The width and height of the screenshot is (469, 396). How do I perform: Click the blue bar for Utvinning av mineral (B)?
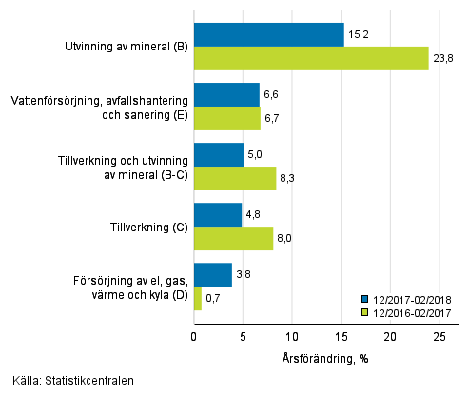(268, 35)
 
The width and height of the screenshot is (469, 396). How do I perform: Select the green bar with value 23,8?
(311, 59)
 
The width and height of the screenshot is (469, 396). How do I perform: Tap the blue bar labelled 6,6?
(226, 94)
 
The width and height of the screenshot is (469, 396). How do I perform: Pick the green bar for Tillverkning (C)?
(233, 239)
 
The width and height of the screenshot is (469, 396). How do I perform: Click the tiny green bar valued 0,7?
(198, 299)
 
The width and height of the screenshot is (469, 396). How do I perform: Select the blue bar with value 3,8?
(213, 275)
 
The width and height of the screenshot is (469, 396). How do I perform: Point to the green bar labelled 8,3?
(235, 179)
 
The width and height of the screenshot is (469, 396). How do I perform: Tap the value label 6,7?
(273, 118)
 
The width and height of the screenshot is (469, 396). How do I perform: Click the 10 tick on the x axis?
(292, 336)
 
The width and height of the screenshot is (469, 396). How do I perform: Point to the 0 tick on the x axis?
(194, 336)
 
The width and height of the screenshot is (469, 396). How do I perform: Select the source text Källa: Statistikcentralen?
(68, 380)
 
